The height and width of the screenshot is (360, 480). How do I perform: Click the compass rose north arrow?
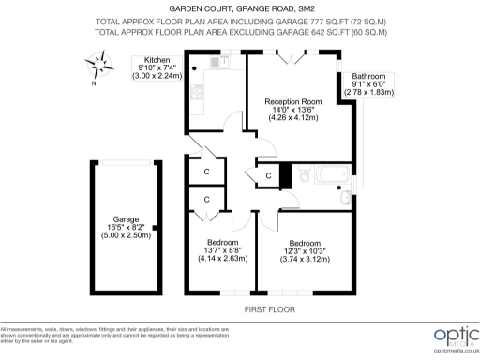97,67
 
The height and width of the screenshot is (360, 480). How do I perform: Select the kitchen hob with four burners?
197,93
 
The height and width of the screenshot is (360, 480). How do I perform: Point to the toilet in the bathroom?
307,176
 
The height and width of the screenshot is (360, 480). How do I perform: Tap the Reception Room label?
292,101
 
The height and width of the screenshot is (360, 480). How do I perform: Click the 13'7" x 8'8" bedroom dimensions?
224,253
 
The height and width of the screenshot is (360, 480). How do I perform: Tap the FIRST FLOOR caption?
269,308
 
